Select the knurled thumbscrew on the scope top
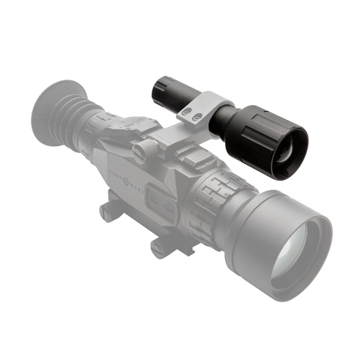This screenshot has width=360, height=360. (141, 151)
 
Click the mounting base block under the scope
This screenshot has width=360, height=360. (135, 217)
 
